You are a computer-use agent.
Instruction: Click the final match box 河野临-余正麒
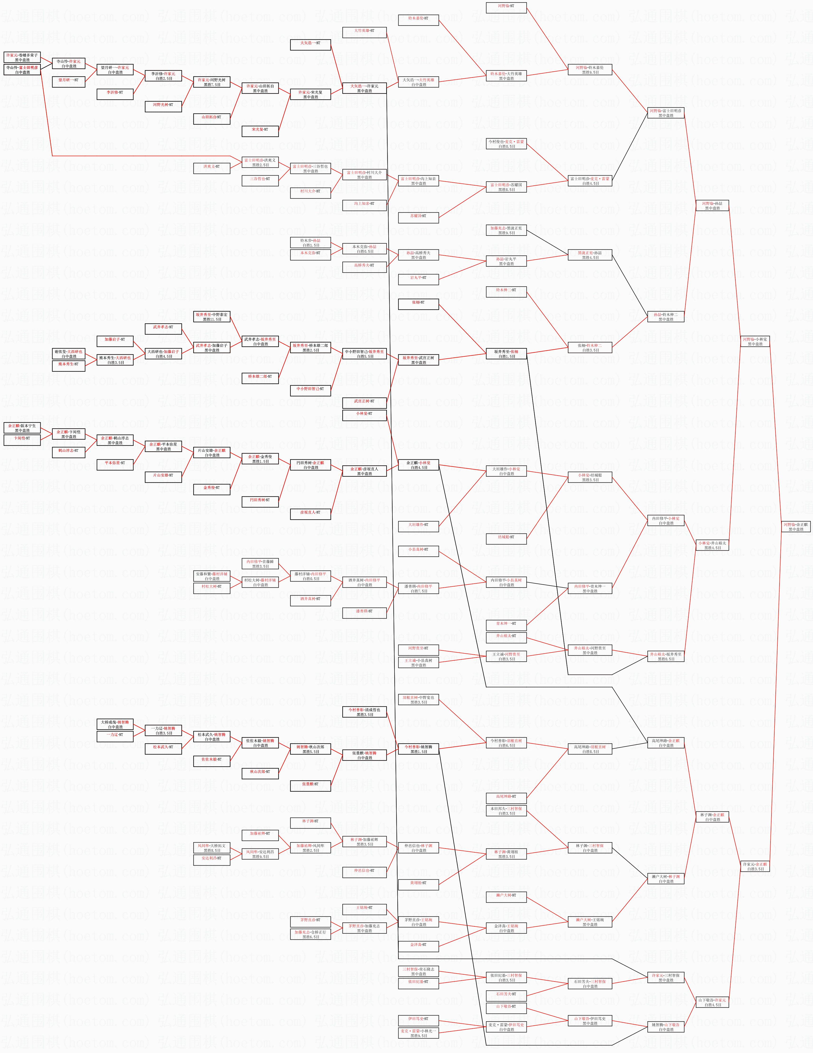(x=796, y=526)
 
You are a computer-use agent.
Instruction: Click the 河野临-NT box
(x=506, y=6)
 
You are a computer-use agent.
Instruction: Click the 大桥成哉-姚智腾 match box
(x=115, y=724)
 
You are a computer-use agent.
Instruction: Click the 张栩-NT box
(x=418, y=302)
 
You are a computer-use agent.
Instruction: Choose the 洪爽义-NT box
(x=211, y=166)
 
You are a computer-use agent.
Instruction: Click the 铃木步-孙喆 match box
(x=310, y=243)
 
